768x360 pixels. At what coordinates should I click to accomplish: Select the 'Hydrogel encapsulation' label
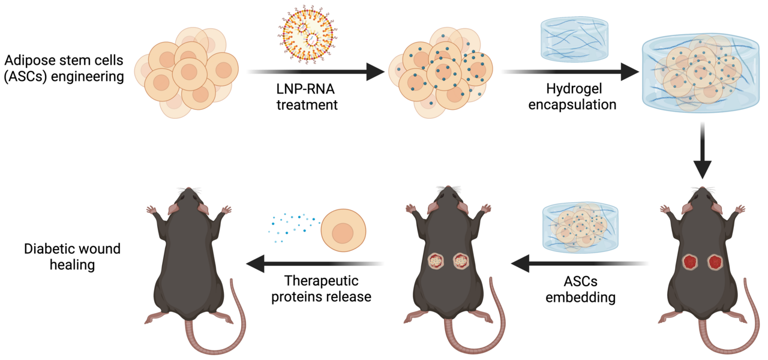[x=572, y=96]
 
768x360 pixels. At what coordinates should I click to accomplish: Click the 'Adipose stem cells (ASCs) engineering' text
[x=64, y=68]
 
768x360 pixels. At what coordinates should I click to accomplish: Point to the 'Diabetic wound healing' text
[x=64, y=256]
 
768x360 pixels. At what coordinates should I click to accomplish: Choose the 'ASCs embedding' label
[x=580, y=289]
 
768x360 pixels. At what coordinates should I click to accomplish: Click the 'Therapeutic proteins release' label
[x=321, y=289]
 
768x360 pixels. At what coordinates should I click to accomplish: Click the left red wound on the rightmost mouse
[x=689, y=262]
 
